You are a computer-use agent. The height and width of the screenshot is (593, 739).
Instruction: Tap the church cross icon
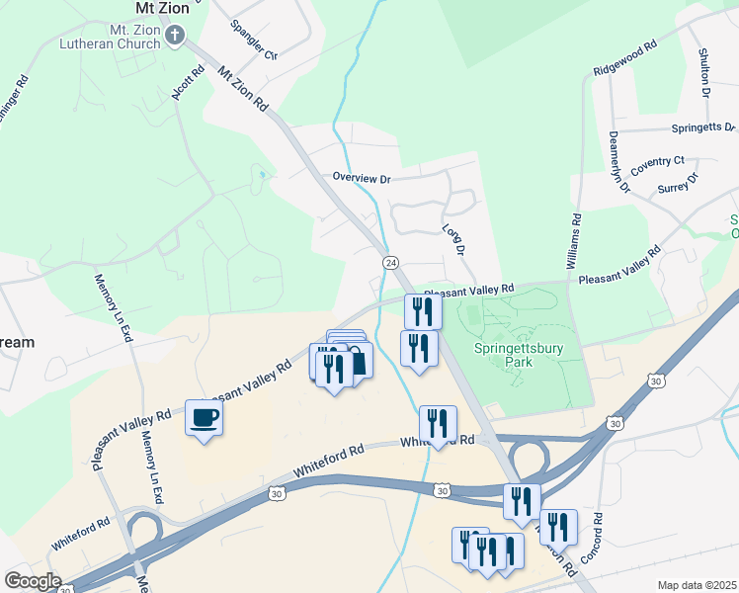pyautogui.click(x=175, y=37)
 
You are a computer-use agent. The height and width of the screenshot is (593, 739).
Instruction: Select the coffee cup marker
pyautogui.click(x=205, y=418)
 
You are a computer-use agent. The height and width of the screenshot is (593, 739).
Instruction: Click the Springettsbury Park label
pyautogui.click(x=517, y=355)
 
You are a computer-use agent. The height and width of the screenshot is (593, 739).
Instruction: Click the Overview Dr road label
pyautogui.click(x=362, y=178)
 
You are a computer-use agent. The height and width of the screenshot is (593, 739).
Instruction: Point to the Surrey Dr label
pyautogui.click(x=678, y=184)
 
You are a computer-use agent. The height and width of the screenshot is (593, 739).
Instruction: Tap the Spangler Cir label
pyautogui.click(x=254, y=39)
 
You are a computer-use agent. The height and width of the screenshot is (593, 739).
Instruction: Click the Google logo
pyautogui.click(x=33, y=580)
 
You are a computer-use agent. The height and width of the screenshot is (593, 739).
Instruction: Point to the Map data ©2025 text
pyautogui.click(x=697, y=585)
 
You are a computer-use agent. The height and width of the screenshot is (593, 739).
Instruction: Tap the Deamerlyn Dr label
pyautogui.click(x=618, y=161)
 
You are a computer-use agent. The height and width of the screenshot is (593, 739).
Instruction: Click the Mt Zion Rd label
pyautogui.click(x=243, y=88)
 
